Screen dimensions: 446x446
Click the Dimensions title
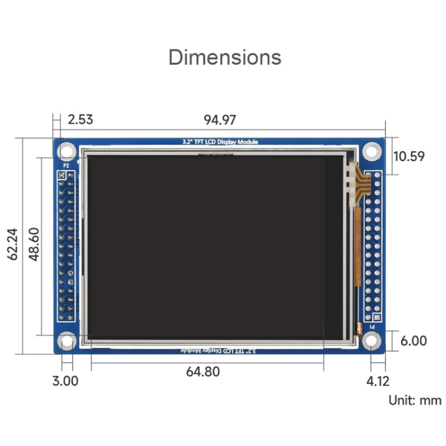pyautogui.click(x=225, y=58)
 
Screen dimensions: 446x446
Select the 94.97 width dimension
pyautogui.click(x=220, y=120)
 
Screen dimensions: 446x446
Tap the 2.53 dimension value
pyautogui.click(x=80, y=120)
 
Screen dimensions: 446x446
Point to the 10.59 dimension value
pyautogui.click(x=409, y=156)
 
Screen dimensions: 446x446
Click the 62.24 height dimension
pyautogui.click(x=12, y=244)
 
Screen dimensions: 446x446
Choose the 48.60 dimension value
pyautogui.click(x=34, y=244)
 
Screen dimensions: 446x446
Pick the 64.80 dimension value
pyautogui.click(x=203, y=372)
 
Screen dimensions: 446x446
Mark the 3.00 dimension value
pyautogui.click(x=65, y=381)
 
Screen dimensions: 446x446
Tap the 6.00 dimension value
pyautogui.click(x=413, y=341)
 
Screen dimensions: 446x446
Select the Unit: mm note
pyautogui.click(x=415, y=400)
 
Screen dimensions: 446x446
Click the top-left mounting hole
pyautogui.click(x=67, y=151)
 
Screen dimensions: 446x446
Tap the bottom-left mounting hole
pyautogui.click(x=67, y=341)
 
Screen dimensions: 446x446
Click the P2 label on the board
pyautogui.click(x=66, y=166)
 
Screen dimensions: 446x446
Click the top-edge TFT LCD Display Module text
pyautogui.click(x=220, y=142)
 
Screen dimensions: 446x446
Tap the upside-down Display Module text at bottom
pyautogui.click(x=220, y=351)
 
